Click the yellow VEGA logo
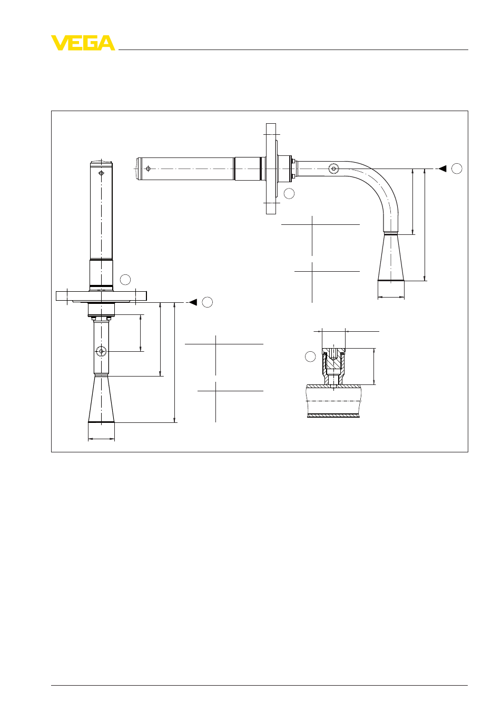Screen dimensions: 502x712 83,43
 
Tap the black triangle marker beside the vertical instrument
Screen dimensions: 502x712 193,302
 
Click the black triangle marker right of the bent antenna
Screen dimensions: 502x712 442,169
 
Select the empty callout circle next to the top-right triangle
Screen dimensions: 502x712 457,169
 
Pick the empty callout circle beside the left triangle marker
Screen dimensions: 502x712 208,302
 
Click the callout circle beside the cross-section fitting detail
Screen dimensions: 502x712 310,357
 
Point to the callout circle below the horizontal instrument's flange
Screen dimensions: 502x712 289,193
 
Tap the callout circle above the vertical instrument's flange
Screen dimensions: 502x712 125,280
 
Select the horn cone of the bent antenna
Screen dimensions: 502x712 391,258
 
